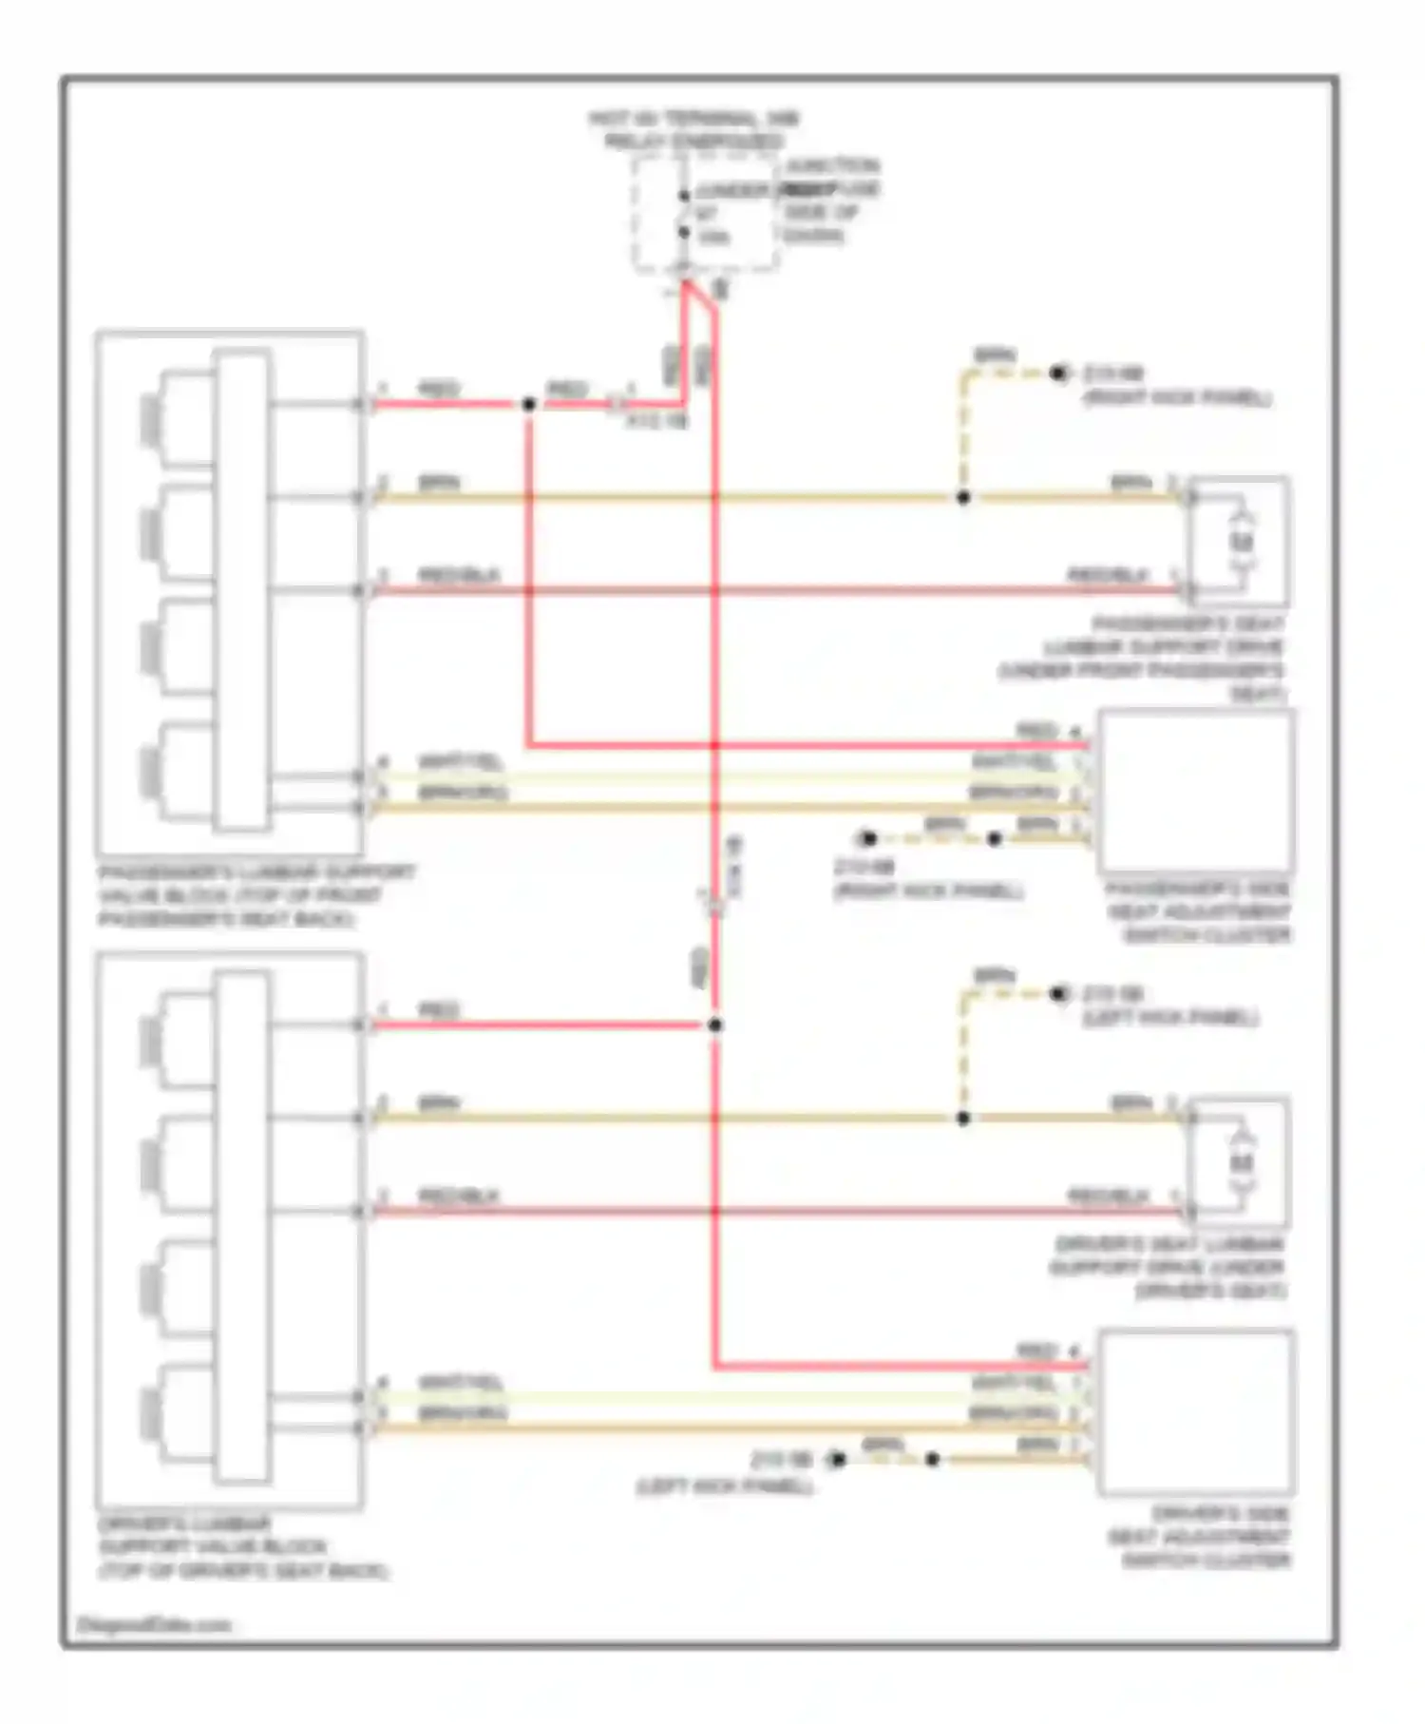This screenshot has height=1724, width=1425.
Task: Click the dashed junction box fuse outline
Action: coord(706,216)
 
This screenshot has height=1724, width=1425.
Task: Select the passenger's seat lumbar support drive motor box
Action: coord(1240,542)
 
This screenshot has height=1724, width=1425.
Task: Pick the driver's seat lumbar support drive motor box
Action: coord(1240,1162)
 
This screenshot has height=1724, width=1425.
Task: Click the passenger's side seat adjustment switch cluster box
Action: coord(1197,791)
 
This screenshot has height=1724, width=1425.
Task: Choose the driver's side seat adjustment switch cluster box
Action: coord(1197,1411)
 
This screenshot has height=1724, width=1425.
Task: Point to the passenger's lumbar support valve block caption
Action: coord(256,895)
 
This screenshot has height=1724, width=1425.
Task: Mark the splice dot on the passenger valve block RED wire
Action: coord(528,405)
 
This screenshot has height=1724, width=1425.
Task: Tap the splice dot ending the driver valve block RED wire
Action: coord(715,1025)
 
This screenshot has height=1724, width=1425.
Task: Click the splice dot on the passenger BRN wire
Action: coord(962,498)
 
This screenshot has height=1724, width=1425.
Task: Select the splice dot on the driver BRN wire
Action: coord(962,1119)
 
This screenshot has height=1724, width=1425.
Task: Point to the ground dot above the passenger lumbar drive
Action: coord(1058,374)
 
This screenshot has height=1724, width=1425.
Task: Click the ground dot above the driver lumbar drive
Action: coord(1058,994)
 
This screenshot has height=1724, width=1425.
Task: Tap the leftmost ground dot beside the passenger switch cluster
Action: coord(867,839)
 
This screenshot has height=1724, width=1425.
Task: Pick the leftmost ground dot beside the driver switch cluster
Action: coord(837,1460)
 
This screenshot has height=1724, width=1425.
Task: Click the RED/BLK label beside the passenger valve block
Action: coord(459,576)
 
